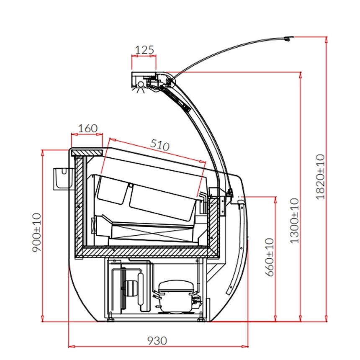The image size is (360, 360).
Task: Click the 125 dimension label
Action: point(144,50)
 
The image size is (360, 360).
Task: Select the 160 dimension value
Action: point(87,128)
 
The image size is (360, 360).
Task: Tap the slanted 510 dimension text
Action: point(159,145)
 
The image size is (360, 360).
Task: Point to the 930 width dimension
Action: point(157,340)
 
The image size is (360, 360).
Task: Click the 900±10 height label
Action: point(37,233)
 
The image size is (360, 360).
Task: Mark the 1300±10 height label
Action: point(295,221)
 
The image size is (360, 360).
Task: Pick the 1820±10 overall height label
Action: point(320,176)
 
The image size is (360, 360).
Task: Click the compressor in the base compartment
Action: point(176,295)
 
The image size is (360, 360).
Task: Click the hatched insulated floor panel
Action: point(147,252)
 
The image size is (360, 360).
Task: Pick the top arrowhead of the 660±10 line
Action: point(275,198)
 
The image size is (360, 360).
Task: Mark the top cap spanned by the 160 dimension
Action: point(87,152)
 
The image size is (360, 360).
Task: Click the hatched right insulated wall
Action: point(214,226)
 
